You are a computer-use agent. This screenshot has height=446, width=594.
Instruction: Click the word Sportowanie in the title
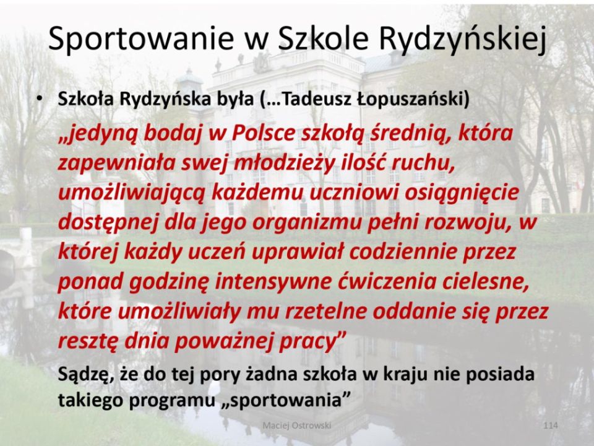141,38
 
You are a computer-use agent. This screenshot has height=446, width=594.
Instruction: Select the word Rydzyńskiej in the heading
463,38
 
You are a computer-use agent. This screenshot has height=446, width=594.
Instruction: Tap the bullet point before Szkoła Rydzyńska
38,98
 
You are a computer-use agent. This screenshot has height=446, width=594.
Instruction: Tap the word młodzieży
285,163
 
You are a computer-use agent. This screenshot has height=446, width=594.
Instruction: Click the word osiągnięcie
462,193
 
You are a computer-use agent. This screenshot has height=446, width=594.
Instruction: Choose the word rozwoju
465,223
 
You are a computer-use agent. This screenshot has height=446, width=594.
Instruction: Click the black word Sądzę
86,375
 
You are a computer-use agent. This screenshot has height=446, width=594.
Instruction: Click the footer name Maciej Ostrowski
297,426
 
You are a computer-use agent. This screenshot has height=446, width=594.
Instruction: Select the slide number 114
551,426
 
